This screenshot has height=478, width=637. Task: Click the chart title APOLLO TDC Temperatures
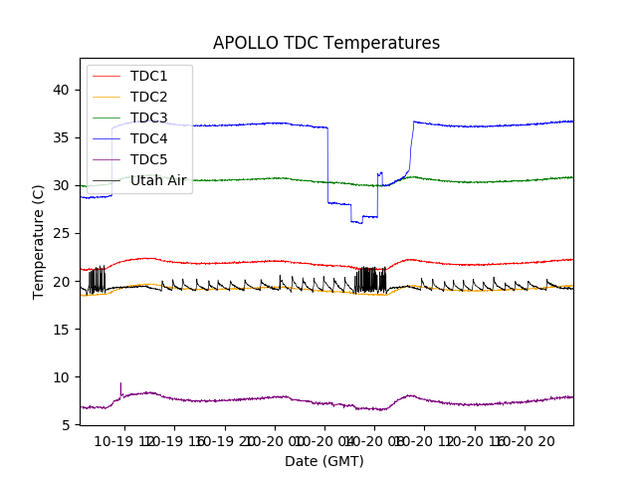point(326,43)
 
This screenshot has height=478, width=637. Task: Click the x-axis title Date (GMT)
point(324,461)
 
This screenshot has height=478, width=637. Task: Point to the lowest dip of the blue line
point(359,223)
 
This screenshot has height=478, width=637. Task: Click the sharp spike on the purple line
point(120,383)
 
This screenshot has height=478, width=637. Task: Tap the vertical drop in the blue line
point(327,165)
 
